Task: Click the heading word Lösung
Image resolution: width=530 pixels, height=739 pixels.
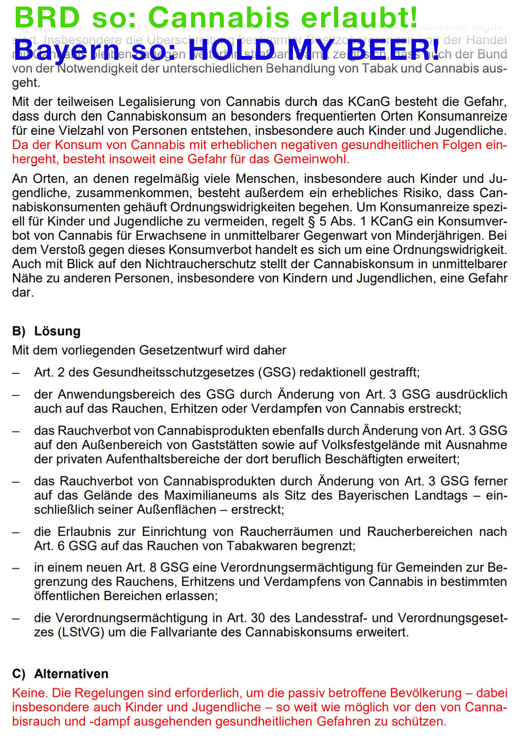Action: pyautogui.click(x=57, y=331)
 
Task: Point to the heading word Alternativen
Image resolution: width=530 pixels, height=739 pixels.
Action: pyautogui.click(x=71, y=674)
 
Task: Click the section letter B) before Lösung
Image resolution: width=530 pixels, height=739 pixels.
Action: pyautogui.click(x=19, y=331)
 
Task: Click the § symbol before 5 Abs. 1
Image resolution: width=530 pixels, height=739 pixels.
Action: pyautogui.click(x=310, y=221)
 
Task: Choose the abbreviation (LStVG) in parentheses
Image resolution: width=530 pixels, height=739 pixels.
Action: pyautogui.click(x=81, y=632)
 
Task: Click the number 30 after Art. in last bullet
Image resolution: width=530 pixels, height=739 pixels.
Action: pyautogui.click(x=259, y=618)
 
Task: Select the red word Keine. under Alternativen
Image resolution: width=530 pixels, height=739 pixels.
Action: pyautogui.click(x=29, y=693)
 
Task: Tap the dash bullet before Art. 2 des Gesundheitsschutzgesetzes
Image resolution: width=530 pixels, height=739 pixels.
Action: pyautogui.click(x=16, y=373)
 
